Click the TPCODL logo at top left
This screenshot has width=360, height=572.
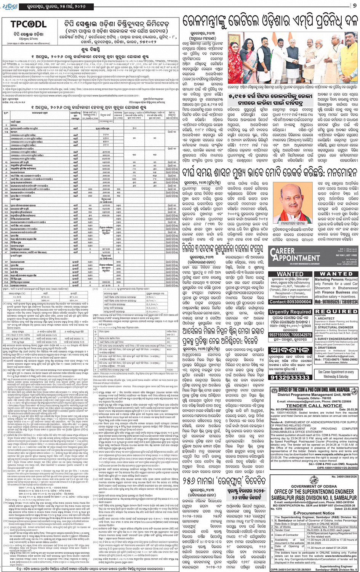click(x=28, y=24)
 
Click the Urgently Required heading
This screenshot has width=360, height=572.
click(x=290, y=312)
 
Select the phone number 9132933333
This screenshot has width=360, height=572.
click(x=290, y=377)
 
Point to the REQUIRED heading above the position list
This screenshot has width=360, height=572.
click(x=336, y=311)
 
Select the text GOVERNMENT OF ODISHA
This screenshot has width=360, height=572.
click(x=314, y=486)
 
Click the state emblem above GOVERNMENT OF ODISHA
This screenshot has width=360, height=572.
click(x=314, y=480)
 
